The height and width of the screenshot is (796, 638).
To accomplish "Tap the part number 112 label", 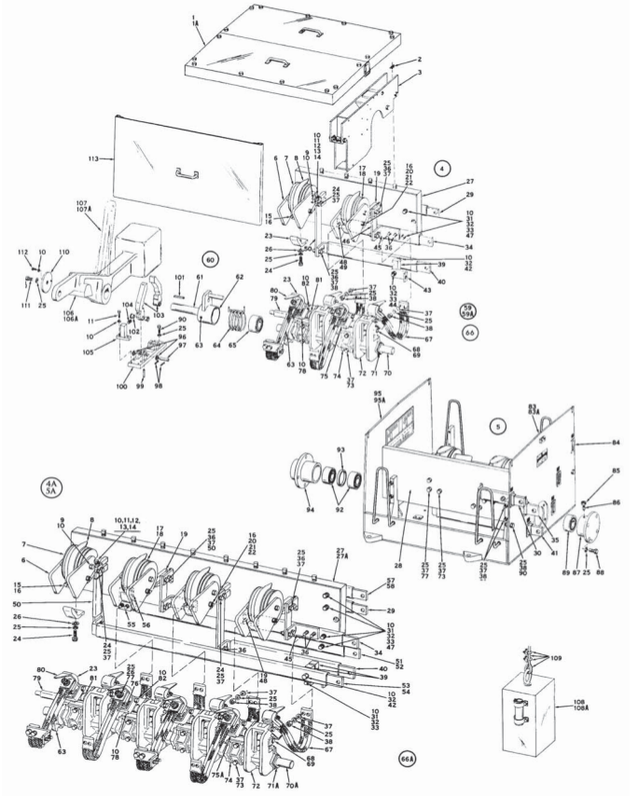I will (x=22, y=253).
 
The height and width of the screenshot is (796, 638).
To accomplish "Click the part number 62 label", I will (x=239, y=277).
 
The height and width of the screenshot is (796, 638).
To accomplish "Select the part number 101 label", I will (x=179, y=277).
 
